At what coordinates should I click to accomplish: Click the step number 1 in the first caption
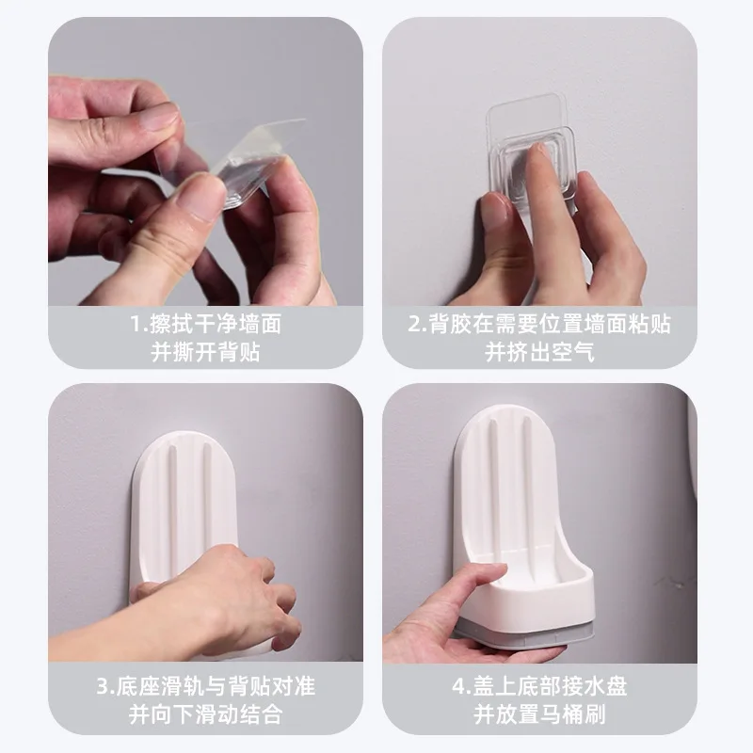[136, 326]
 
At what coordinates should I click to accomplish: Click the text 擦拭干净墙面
[215, 326]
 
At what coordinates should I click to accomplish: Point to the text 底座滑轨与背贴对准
[215, 686]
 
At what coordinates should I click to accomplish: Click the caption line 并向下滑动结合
[205, 713]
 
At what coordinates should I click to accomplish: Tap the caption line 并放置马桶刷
[539, 713]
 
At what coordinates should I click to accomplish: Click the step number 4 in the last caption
[457, 686]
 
